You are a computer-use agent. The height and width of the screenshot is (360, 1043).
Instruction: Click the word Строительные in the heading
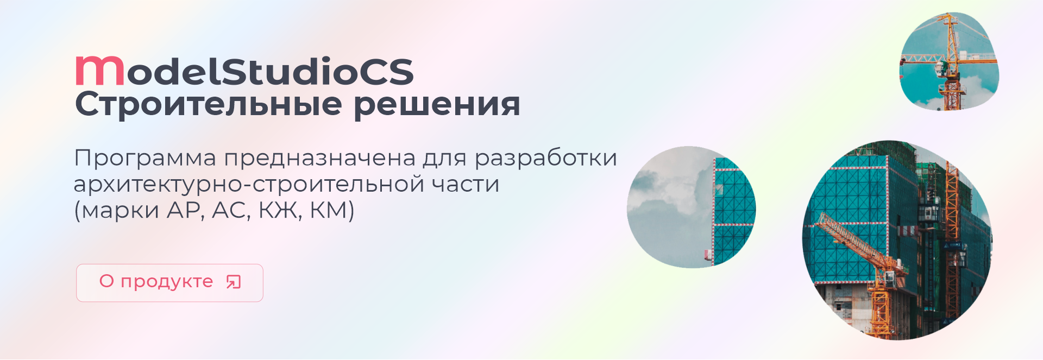pyautogui.click(x=209, y=105)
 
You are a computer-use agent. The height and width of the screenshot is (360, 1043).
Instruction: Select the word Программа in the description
pyautogui.click(x=145, y=159)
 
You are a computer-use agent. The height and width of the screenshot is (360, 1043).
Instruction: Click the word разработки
pyautogui.click(x=546, y=159)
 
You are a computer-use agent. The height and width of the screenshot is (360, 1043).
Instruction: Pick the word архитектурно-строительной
pyautogui.click(x=249, y=185)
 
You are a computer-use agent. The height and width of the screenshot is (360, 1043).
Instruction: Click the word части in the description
pyautogui.click(x=466, y=185)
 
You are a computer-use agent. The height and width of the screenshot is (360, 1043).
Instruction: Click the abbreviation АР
pyautogui.click(x=184, y=211)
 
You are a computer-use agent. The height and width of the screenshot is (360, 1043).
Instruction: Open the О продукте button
pyautogui.click(x=169, y=283)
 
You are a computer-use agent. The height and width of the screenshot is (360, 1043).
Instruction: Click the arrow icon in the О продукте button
pyautogui.click(x=234, y=282)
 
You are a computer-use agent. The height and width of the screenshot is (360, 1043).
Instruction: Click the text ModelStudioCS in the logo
pyautogui.click(x=244, y=71)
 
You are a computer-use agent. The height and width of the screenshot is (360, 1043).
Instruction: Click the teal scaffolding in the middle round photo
pyautogui.click(x=734, y=209)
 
